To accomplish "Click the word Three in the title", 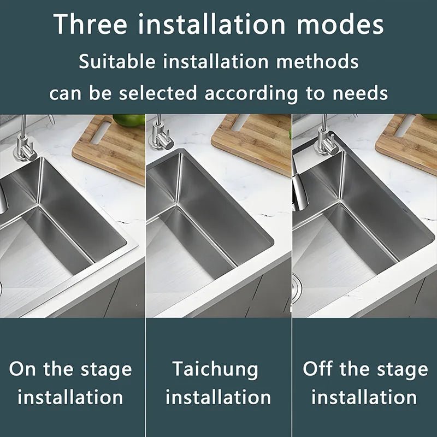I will pos(90,25).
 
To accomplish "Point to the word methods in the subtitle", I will pos(317,61).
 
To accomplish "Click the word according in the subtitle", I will pos(252,93).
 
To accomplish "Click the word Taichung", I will pos(216,369).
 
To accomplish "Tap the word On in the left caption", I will pos(23,369).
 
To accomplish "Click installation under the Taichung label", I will pos(218,397).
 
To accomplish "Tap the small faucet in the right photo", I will pos(326,139).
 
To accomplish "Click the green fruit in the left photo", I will pos(129,120).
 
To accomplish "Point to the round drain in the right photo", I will pos(296,285).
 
